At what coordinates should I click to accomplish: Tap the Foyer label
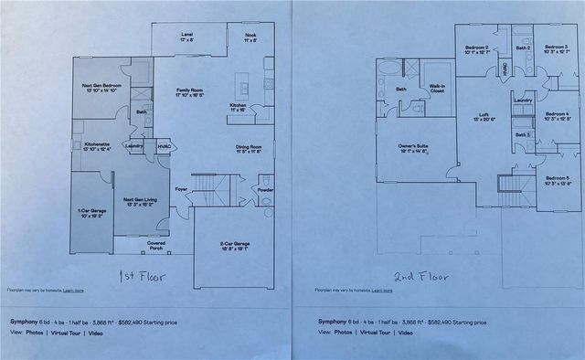pos(183,190)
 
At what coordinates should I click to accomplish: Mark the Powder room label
pos(265,190)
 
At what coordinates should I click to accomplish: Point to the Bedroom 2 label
pos(476,49)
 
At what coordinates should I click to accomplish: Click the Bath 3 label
pos(521,135)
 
